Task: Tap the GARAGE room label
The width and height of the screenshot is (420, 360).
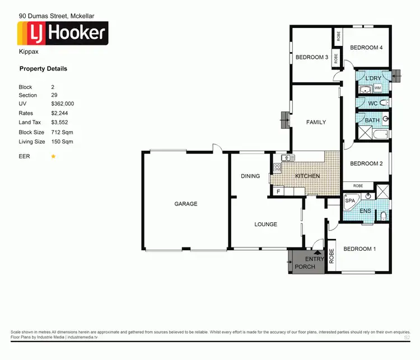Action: pyautogui.click(x=185, y=204)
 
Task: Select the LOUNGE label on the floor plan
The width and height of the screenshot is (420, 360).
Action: pyautogui.click(x=265, y=225)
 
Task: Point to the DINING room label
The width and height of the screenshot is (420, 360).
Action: pyautogui.click(x=250, y=176)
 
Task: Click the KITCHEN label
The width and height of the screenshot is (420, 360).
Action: pyautogui.click(x=307, y=176)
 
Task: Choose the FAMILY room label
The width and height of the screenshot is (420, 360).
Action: pyautogui.click(x=316, y=122)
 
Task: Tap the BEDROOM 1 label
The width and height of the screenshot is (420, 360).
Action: pyautogui.click(x=359, y=249)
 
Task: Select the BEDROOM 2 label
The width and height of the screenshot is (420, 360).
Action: pyautogui.click(x=366, y=163)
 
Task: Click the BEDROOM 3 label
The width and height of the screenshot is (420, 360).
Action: pyautogui.click(x=311, y=57)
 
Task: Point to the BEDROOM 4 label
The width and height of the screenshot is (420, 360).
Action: pyautogui.click(x=366, y=48)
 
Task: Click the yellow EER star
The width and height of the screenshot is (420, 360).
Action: pyautogui.click(x=53, y=157)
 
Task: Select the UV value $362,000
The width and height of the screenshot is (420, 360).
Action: pyautogui.click(x=62, y=104)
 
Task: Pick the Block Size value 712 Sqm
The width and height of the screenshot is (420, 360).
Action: pyautogui.click(x=62, y=133)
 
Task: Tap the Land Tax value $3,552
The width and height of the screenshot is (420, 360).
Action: pyautogui.click(x=59, y=122)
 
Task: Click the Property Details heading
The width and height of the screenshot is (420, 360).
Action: pyautogui.click(x=43, y=69)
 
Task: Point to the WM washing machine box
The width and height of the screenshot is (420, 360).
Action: pyautogui.click(x=377, y=88)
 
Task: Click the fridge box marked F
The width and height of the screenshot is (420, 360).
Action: pyautogui.click(x=277, y=191)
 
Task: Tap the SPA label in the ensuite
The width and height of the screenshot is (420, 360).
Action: pyautogui.click(x=350, y=200)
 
